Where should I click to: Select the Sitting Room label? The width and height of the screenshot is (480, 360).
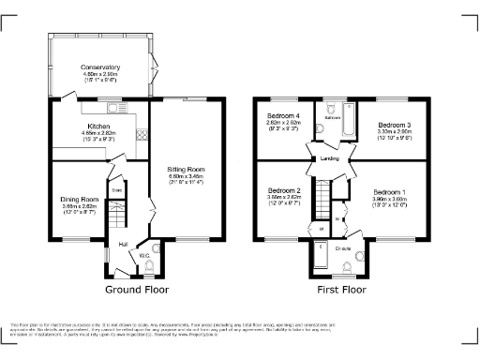click(185, 169)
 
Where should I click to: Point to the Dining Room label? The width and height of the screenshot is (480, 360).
click(79, 200)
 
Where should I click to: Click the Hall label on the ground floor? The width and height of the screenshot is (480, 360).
click(123, 246)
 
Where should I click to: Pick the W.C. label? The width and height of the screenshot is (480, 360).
click(145, 254)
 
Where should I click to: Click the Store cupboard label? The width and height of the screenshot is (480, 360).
click(117, 190)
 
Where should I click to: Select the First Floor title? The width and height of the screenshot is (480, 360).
click(340, 291)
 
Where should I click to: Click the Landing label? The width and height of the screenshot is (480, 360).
click(329, 158)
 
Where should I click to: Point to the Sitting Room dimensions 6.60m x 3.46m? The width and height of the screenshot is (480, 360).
click(185, 176)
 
